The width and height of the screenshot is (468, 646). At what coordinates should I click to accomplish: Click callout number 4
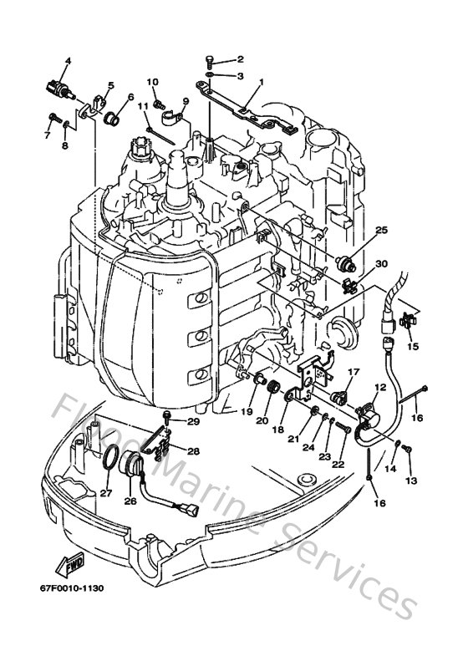pos(69,60)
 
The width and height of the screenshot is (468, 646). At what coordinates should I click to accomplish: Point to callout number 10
pos(153,81)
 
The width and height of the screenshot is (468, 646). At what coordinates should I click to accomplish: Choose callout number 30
pos(381,264)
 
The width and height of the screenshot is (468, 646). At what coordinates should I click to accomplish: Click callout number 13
pos(410,481)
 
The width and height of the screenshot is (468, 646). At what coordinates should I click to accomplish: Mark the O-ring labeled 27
pos(109,459)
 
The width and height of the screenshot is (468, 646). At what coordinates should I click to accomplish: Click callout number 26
pos(130,501)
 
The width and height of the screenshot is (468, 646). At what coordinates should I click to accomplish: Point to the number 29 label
pos(194,422)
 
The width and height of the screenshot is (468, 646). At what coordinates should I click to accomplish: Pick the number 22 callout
pos(338,465)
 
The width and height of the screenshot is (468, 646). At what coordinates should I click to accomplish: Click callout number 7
pos(48,134)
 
